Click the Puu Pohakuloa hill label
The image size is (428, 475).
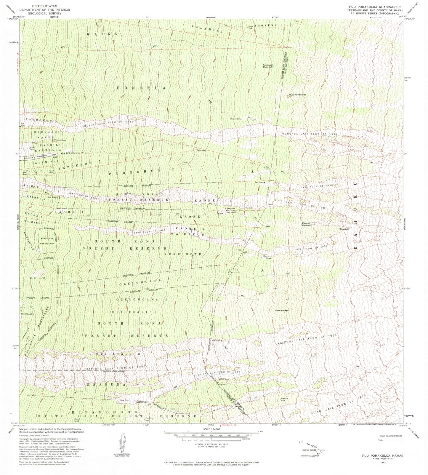click(x=297, y=95)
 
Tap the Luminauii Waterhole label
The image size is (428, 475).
click(x=267, y=66)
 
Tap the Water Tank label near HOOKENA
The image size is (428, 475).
click(x=250, y=26)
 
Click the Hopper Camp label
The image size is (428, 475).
click(x=236, y=119)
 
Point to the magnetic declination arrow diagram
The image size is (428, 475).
click(x=122, y=442)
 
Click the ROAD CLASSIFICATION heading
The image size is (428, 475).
click(x=390, y=436)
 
